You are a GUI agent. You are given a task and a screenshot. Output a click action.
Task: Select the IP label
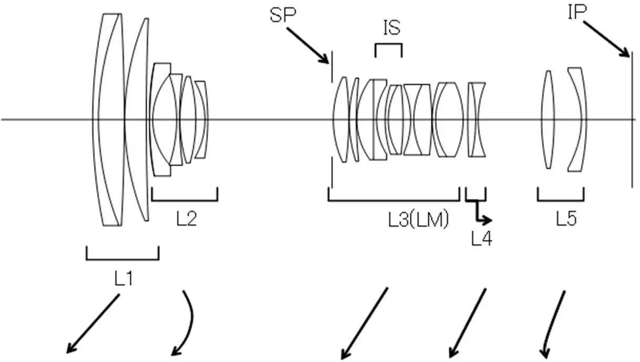coord(576,12)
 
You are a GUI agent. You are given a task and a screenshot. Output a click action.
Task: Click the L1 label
coord(123,279)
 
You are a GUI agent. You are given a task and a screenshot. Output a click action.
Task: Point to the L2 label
coord(186,219)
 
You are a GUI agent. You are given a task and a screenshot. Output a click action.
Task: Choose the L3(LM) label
coord(419,220)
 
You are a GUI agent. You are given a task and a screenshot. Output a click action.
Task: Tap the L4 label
coord(481,239)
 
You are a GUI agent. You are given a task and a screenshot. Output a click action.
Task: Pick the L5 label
coord(567,219)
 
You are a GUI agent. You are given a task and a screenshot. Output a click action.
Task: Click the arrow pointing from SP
coord(308,45)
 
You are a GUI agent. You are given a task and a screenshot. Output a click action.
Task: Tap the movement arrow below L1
coord(94,323)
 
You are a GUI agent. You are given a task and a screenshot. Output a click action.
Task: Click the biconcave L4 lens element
coord(477,119)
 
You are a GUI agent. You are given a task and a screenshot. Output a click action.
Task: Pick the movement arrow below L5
coord(553,324)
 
